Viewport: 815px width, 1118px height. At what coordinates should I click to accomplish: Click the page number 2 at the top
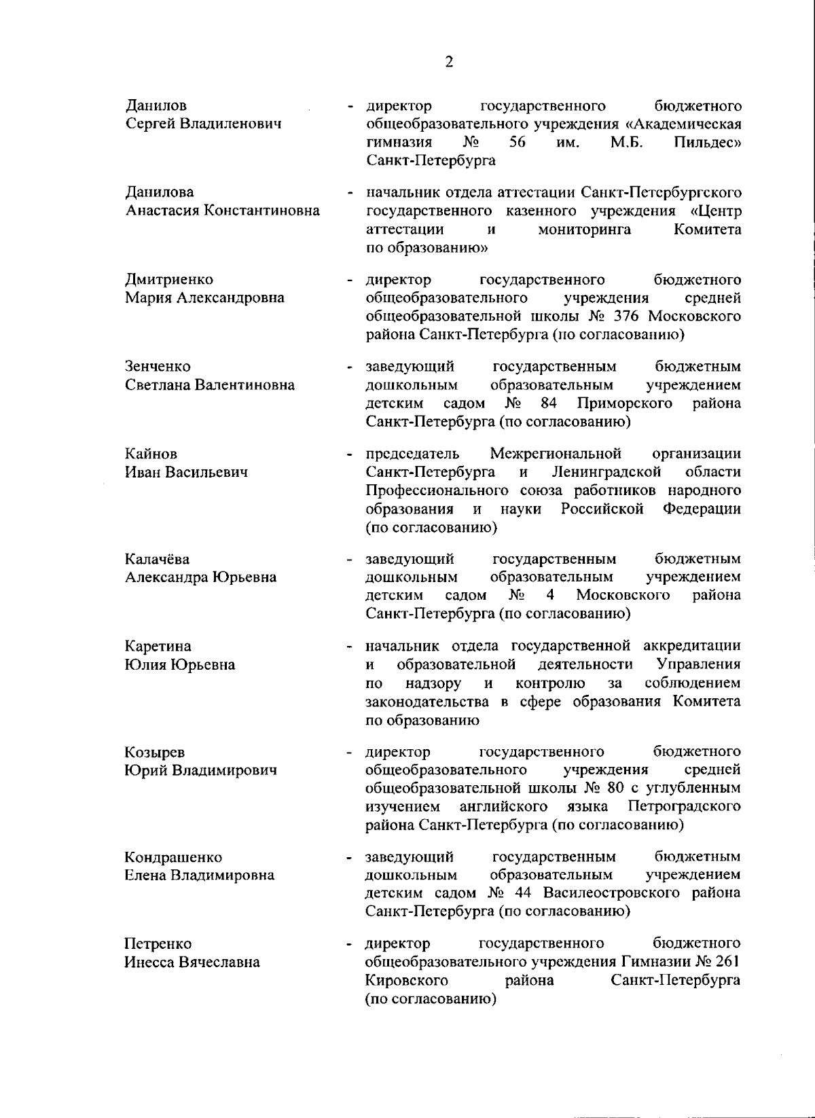448,62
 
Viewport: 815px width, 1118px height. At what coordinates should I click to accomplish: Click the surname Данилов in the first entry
156,106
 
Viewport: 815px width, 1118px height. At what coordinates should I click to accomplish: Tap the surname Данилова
160,193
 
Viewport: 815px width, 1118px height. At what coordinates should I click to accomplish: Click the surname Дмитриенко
168,280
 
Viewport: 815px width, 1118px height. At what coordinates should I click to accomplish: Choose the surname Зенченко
158,367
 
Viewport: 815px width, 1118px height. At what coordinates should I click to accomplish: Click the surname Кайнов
151,454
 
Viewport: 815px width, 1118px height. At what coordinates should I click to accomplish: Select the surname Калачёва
158,559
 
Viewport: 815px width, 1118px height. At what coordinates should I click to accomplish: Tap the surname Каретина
158,646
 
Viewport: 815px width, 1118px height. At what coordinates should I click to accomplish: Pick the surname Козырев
154,752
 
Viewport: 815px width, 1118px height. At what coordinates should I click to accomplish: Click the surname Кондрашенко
173,857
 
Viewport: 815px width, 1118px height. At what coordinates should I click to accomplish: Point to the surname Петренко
158,943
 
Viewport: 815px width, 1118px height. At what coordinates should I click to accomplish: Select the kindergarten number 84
549,403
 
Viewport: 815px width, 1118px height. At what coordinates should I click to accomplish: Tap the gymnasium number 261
726,962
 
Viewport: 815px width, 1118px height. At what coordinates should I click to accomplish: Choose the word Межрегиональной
556,454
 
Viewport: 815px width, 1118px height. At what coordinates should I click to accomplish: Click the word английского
503,807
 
